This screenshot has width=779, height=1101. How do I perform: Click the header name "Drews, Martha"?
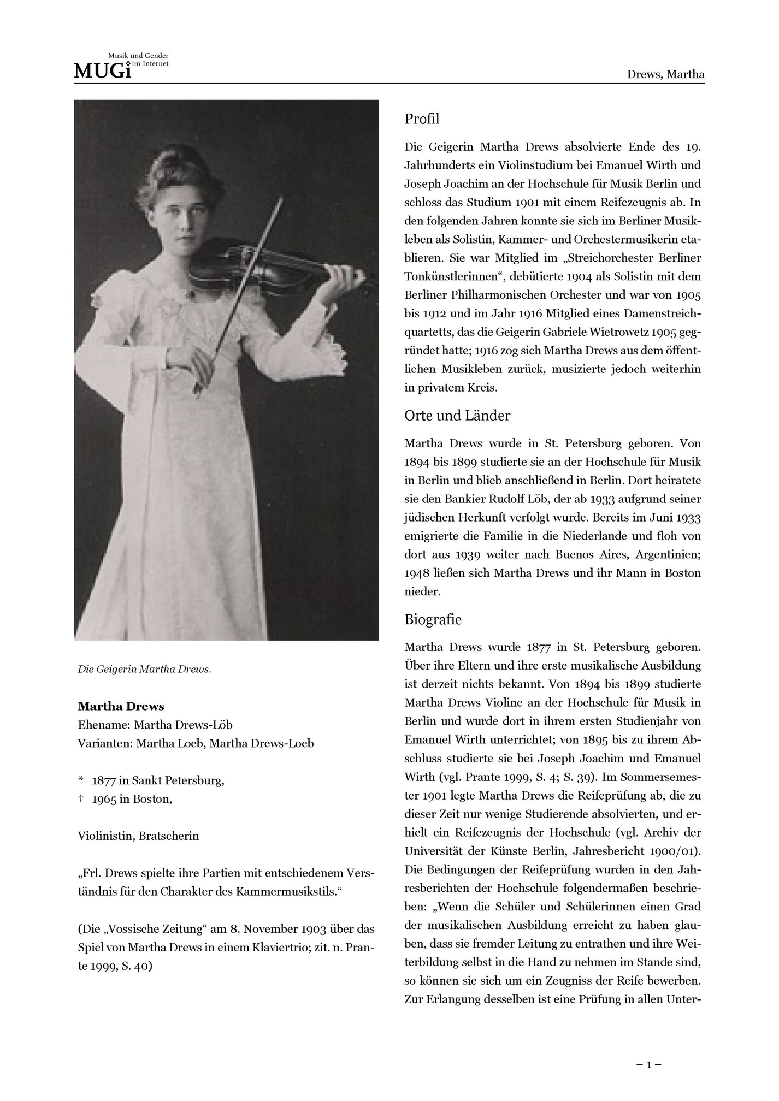pyautogui.click(x=665, y=74)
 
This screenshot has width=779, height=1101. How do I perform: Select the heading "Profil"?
pyautogui.click(x=422, y=119)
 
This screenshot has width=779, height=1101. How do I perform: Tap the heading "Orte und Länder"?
pyautogui.click(x=457, y=416)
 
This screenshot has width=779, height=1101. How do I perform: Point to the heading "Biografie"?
pyautogui.click(x=433, y=620)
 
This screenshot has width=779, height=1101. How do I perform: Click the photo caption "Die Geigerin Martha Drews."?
pyautogui.click(x=144, y=670)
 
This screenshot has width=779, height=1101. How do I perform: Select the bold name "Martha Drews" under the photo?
pyautogui.click(x=121, y=707)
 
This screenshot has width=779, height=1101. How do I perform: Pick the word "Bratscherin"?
pyautogui.click(x=169, y=836)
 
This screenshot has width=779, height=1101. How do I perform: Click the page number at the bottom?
pyautogui.click(x=649, y=1064)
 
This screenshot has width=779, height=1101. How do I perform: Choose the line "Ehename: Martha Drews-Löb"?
pyautogui.click(x=155, y=725)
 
